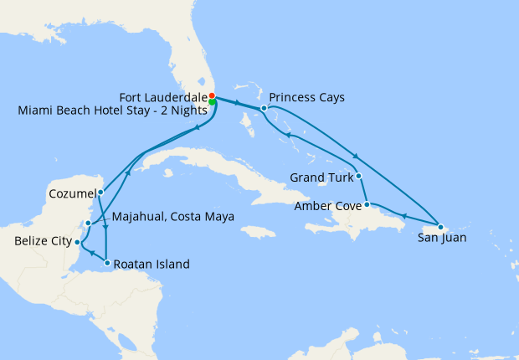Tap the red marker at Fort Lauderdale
(x=212, y=95)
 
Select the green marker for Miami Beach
(x=213, y=102)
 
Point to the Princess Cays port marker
(x=264, y=108)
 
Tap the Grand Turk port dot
(x=358, y=176)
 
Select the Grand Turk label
(x=321, y=177)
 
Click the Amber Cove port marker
(x=367, y=204)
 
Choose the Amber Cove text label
(x=328, y=205)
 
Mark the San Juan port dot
(x=440, y=227)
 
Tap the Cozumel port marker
(x=100, y=193)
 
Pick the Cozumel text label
(x=69, y=193)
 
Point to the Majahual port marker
(x=89, y=224)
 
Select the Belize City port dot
(x=77, y=242)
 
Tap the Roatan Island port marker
(x=107, y=264)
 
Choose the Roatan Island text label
(x=152, y=265)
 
